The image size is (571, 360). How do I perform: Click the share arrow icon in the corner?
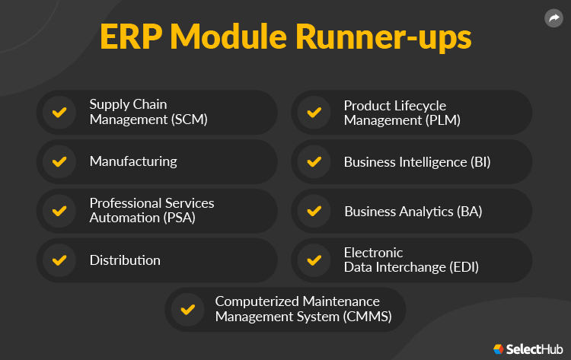point(553,18)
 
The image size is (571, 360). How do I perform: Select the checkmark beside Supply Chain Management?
point(59,113)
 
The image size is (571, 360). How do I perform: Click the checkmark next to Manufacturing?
point(59,161)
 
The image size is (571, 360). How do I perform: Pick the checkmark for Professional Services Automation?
point(59,211)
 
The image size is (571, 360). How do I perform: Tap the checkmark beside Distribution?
point(59,260)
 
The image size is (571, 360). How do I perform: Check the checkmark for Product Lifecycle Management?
point(313,113)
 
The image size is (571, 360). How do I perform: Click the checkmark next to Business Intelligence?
point(313,161)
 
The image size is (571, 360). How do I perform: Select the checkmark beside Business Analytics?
point(313,211)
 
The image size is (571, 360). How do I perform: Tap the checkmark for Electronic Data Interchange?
point(313,260)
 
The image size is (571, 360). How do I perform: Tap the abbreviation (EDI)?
point(455,267)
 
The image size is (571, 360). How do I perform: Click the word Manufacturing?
point(133,161)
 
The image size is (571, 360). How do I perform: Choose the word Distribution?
point(125,260)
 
